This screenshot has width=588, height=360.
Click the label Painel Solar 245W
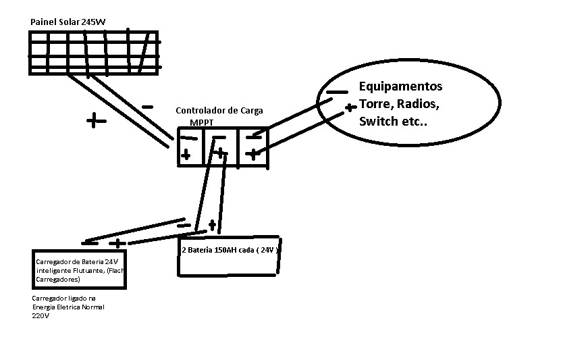68,22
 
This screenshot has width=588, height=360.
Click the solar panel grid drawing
94,51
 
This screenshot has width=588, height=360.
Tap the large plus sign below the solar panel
97,122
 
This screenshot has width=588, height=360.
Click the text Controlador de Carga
219,110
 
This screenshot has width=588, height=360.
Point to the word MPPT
201,123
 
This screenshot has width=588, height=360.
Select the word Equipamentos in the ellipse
400,86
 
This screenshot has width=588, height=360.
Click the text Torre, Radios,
399,104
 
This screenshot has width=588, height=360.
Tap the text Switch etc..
393,122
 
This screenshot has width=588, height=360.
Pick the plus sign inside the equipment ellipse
350,107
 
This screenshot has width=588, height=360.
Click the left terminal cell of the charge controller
188,147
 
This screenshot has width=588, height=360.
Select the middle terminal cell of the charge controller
219,147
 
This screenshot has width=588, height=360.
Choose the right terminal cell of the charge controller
252,147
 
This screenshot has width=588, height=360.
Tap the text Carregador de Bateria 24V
77,261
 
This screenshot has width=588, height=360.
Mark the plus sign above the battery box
212,224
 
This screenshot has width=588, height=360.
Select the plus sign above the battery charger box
117,243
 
